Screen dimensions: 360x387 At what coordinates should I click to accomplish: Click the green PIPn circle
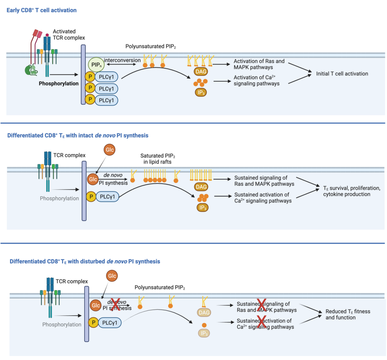point(96,65)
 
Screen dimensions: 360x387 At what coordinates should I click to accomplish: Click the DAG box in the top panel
point(201,71)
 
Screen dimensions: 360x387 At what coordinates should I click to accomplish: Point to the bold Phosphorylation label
point(58,84)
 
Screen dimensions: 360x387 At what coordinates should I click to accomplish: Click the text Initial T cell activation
point(342,73)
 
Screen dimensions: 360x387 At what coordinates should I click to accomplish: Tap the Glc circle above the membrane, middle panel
point(109,150)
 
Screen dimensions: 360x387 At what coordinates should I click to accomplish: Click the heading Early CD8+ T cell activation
point(42,10)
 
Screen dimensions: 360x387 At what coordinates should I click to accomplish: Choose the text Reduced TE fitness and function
point(347,314)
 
